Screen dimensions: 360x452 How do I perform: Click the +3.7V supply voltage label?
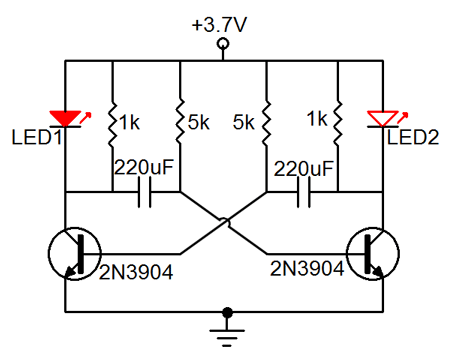224,23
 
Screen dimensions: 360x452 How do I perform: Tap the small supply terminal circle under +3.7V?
224,45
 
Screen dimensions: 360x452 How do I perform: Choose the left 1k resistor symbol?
112,121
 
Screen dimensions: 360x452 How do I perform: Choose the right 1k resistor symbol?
337,121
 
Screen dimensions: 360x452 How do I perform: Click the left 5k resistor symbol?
179,121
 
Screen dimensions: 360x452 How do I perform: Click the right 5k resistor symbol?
267,121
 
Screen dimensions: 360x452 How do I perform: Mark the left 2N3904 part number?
137,269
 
